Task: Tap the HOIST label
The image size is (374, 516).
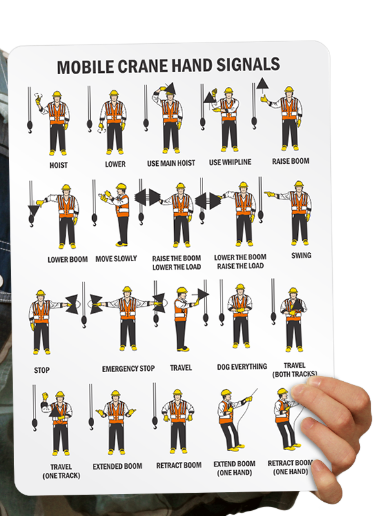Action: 59,165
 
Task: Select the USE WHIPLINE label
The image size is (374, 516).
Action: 230,162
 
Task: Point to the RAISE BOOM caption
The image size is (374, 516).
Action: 290,161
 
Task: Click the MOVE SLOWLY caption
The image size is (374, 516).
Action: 116,259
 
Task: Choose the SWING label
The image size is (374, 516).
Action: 301,255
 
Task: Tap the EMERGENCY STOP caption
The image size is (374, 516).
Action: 128,368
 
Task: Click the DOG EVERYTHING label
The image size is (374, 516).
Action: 242,366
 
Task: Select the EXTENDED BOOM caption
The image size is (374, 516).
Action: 117,466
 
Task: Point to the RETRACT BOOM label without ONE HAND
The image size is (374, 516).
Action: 179,465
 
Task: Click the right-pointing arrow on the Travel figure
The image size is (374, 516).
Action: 201,293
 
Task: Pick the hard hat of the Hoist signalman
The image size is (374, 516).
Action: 57,94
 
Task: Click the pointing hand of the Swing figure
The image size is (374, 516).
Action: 270,194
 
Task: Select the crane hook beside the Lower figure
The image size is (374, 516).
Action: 90,126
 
